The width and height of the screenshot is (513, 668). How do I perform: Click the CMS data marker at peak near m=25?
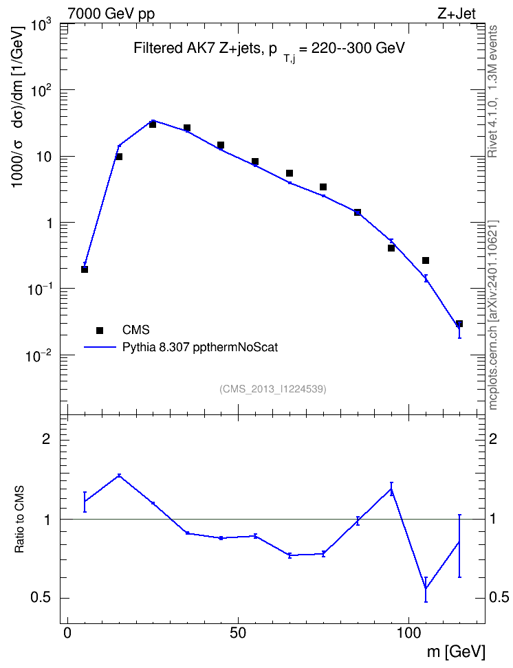coord(153,124)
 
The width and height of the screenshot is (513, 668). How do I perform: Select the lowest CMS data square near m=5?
coord(85,269)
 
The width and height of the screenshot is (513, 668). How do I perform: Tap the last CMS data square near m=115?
coord(459,324)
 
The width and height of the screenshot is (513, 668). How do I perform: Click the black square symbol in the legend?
coord(100,330)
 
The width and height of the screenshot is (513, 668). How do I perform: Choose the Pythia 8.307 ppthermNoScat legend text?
coord(200,347)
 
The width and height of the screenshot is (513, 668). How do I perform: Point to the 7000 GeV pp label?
coord(111,14)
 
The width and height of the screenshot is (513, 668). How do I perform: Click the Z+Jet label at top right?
coord(457,14)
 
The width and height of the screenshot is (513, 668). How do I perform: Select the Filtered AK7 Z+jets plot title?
coord(269,49)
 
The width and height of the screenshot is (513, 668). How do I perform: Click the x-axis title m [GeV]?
coord(456,651)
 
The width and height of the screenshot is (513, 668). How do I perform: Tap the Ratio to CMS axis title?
coord(19,520)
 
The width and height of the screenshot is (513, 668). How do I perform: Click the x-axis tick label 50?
coord(238,632)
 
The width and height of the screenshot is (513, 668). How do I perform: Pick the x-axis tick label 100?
coord(408,632)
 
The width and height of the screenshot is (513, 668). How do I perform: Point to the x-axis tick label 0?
coord(67,632)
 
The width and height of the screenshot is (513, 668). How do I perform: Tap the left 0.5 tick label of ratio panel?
coord(41,598)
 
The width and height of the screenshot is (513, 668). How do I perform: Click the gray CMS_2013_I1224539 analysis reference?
coord(273,389)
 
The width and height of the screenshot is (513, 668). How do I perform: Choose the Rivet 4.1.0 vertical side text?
coord(492,91)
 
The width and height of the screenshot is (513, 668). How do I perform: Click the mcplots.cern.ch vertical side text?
coord(493,315)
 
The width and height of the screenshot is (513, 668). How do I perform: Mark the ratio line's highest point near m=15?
coord(120,475)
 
